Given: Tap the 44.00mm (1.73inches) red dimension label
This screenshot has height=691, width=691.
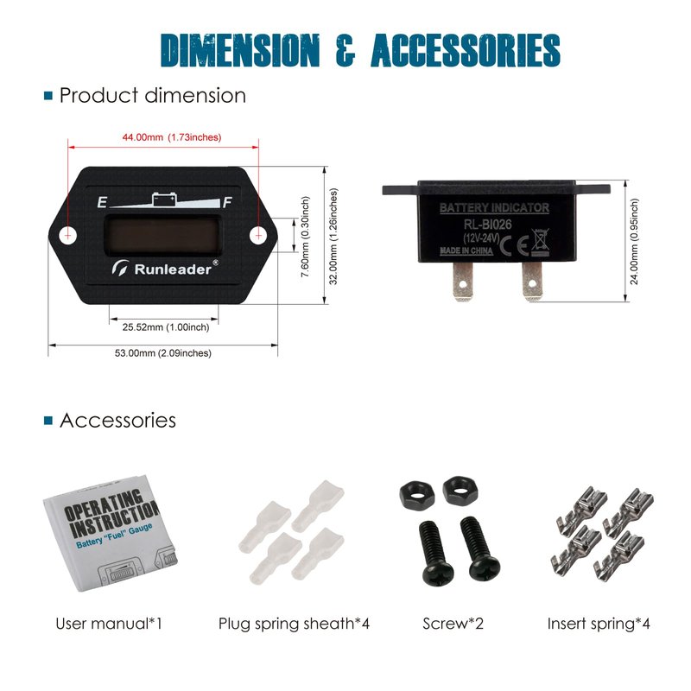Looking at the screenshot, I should pos(170,137).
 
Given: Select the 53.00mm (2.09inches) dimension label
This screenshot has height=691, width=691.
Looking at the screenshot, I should pos(163,352).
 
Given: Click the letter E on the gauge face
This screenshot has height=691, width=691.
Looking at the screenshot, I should pos(103,204).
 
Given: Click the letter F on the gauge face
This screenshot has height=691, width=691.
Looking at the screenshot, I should pos(227,204).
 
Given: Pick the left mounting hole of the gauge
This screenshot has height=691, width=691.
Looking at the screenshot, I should pos(69,233).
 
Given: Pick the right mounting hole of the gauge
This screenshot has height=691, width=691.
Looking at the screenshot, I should pos(257,233).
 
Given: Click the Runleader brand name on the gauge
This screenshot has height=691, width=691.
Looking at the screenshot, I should pos(173,269).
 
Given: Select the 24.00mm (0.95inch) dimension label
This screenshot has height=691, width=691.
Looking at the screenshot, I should pos(635,241).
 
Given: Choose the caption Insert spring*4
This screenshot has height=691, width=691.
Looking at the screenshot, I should pos(599,623).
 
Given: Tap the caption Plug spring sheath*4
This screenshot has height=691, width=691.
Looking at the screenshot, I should pos(294,623).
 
